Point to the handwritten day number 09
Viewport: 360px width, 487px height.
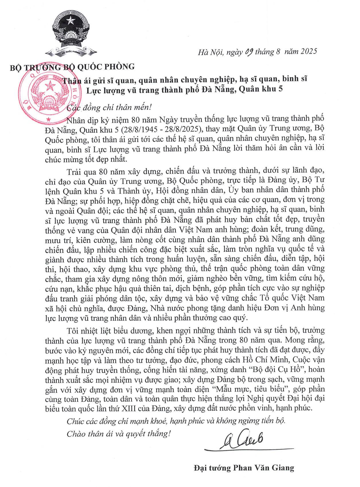(247, 52)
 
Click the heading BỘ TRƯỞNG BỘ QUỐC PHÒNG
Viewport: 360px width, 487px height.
(72, 67)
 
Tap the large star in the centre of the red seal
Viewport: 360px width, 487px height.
(51, 85)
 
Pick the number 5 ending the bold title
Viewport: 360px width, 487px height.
(281, 89)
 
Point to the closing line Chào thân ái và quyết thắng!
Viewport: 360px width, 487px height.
(118, 433)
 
